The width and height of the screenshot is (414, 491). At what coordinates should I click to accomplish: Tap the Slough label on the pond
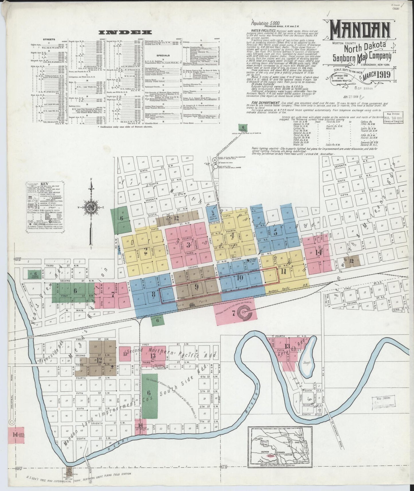(x=307, y=363)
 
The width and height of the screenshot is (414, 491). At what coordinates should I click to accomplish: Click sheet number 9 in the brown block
(x=197, y=287)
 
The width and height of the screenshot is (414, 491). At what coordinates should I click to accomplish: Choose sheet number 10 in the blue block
(x=240, y=278)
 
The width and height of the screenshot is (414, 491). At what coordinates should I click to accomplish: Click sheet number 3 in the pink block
(x=188, y=245)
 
